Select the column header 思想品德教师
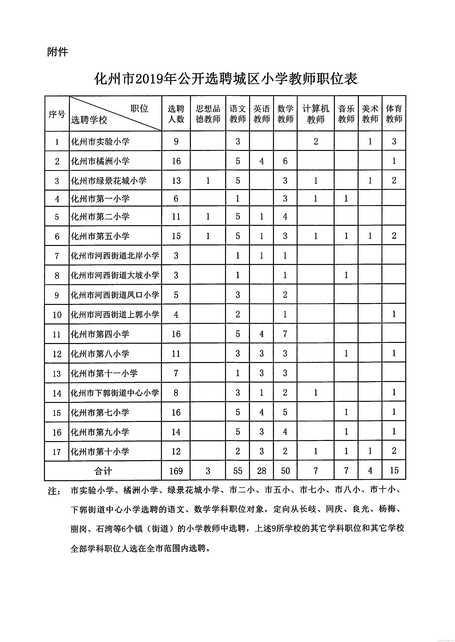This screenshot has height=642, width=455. [x=208, y=114]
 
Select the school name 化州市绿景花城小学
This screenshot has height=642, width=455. [x=109, y=181]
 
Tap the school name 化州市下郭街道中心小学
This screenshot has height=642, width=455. [x=115, y=393]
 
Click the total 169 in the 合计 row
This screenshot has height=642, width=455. [x=176, y=471]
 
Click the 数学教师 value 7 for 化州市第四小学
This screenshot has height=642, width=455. [x=285, y=334]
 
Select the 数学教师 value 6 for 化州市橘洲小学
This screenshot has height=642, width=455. [x=285, y=161]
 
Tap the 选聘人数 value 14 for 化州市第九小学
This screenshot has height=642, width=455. [x=176, y=432]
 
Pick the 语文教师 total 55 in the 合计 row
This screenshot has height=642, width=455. [x=238, y=471]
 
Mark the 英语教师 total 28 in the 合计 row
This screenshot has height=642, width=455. [x=261, y=471]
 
